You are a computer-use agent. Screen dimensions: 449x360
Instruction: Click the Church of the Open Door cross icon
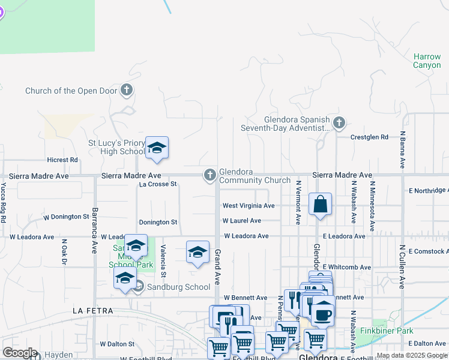point(126,91)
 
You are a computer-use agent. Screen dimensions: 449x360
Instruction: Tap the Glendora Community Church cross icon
point(209,175)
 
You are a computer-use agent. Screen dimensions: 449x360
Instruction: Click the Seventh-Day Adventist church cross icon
point(339,124)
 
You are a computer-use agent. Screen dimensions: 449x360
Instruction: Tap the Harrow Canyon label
point(427,61)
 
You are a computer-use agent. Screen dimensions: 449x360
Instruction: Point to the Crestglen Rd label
point(370,137)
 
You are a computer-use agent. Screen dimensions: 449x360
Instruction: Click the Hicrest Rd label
point(62,160)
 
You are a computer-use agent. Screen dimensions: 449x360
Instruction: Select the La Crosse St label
point(158,184)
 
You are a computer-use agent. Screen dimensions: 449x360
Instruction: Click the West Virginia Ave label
point(249,206)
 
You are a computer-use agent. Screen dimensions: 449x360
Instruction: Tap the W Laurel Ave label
point(242,221)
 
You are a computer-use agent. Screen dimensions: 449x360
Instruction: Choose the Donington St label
point(158,222)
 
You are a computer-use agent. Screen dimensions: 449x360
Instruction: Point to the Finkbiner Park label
point(384,331)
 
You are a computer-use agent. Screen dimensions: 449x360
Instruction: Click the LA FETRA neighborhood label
point(93,311)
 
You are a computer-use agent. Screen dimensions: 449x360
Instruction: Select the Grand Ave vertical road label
point(218,268)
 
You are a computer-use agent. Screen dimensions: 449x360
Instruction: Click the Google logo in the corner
point(20,353)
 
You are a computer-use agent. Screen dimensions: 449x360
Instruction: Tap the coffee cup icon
point(323,314)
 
